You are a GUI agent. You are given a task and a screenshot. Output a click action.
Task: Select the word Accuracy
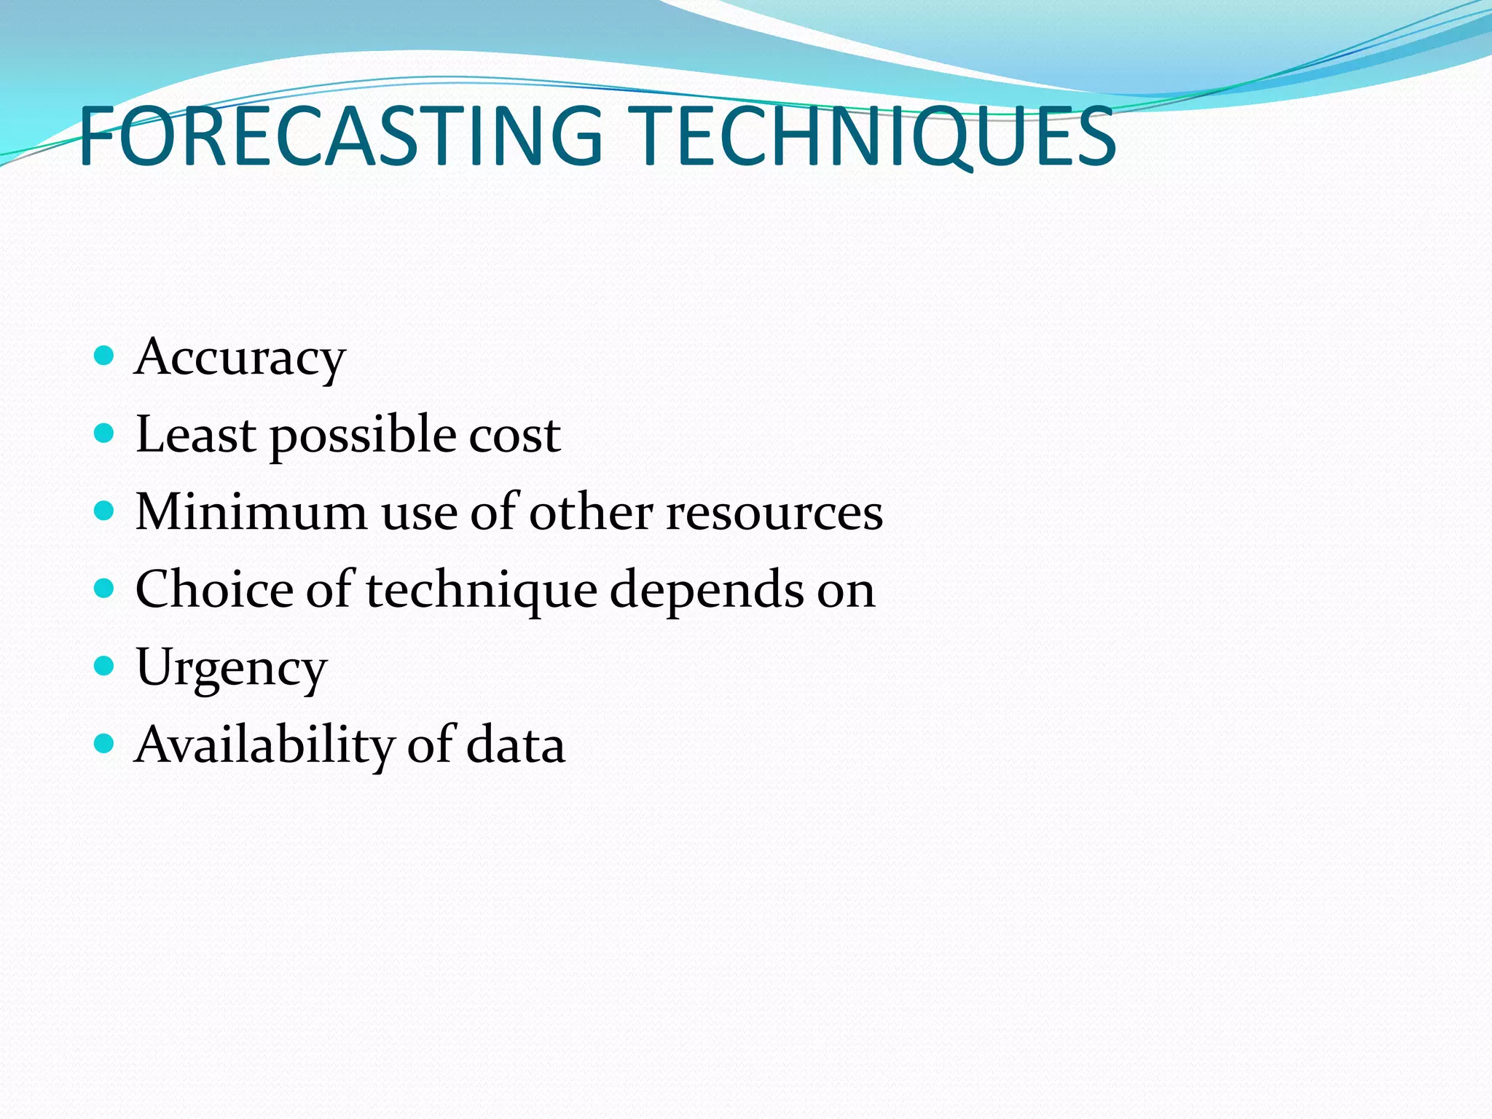pyautogui.click(x=240, y=358)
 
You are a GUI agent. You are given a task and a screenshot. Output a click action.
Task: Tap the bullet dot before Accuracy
pyautogui.click(x=105, y=356)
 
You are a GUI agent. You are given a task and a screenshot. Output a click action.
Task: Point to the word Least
pyautogui.click(x=195, y=435)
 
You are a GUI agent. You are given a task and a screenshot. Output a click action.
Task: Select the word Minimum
pyautogui.click(x=251, y=512)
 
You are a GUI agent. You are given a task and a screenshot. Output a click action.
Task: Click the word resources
pyautogui.click(x=774, y=514)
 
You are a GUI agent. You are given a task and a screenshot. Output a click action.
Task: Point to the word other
pyautogui.click(x=591, y=512)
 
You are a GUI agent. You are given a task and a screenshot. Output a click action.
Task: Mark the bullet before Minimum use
pyautogui.click(x=105, y=511)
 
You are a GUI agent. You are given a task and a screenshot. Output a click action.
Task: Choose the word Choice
pyautogui.click(x=214, y=589)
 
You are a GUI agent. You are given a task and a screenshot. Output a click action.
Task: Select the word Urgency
pyautogui.click(x=232, y=669)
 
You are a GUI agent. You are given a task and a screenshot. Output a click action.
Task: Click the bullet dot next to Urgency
pyautogui.click(x=105, y=665)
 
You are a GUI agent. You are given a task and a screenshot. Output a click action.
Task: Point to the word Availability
pyautogui.click(x=264, y=746)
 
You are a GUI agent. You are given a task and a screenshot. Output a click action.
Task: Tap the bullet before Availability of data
pyautogui.click(x=105, y=743)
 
